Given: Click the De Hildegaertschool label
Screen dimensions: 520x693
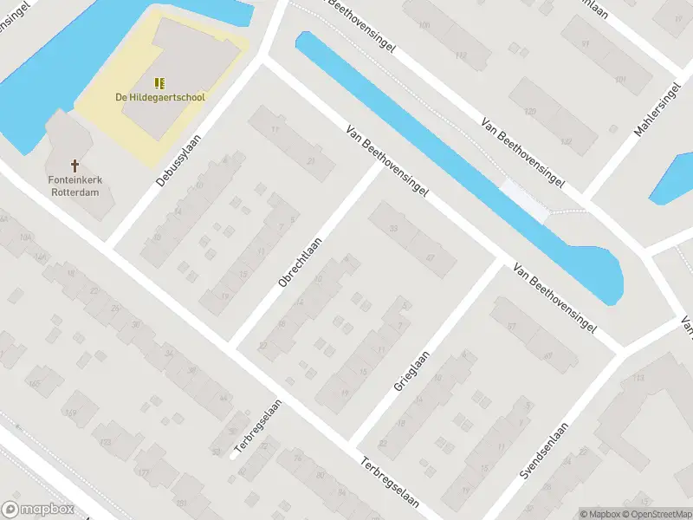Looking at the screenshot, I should click(160, 97).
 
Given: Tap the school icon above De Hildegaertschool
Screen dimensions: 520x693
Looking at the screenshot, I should click(159, 82).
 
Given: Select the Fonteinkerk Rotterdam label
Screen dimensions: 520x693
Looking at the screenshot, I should click(74, 186).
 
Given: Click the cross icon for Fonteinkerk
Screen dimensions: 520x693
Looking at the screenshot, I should click(74, 165).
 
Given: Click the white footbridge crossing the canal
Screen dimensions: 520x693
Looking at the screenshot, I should click(526, 200).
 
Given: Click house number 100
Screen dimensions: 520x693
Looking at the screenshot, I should click(424, 25).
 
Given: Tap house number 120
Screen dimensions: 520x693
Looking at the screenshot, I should click(530, 112).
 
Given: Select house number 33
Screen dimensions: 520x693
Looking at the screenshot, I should click(393, 228).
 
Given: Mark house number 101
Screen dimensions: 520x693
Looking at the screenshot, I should click(619, 80).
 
